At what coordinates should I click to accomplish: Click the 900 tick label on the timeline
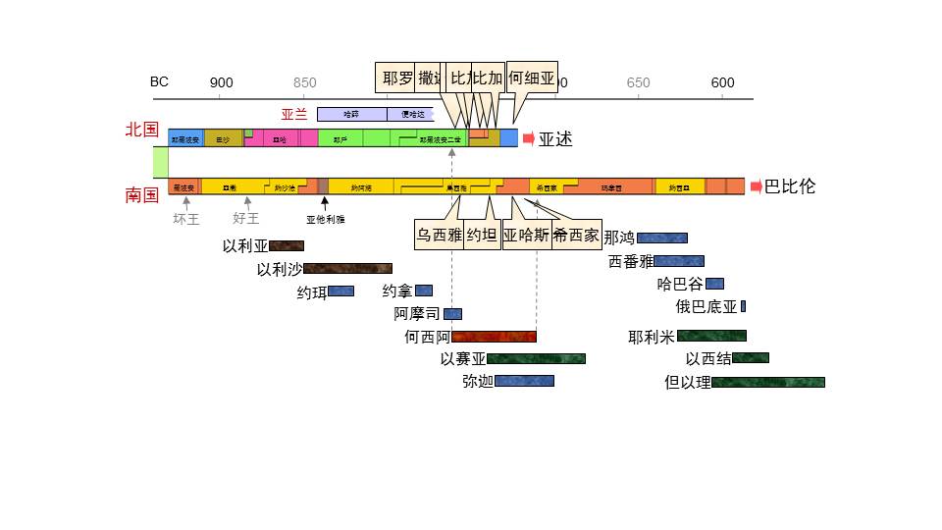[x=222, y=82]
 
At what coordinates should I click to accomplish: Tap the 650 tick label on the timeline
[x=638, y=82]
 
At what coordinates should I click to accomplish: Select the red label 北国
[x=141, y=130]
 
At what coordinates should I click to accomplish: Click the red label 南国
[x=141, y=194]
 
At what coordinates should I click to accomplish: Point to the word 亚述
[x=555, y=139]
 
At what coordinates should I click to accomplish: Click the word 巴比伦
[x=790, y=186]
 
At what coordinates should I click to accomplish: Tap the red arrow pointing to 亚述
[x=529, y=138]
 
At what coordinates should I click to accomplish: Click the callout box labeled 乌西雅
[x=439, y=235]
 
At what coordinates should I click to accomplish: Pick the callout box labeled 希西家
[x=576, y=235]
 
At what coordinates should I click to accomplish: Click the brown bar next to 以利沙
[x=347, y=268]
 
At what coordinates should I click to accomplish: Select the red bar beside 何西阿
[x=494, y=337]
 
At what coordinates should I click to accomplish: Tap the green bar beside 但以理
[x=767, y=382]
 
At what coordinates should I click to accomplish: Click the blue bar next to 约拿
[x=424, y=291]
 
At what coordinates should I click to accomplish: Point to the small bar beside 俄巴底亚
[x=743, y=306]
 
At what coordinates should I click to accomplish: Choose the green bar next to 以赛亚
[x=536, y=358]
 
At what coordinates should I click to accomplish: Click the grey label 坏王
[x=186, y=219]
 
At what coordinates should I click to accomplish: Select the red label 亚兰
[x=294, y=114]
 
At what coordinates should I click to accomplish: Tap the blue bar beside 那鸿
[x=661, y=238]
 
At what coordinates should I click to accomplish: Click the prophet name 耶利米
[x=652, y=337]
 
